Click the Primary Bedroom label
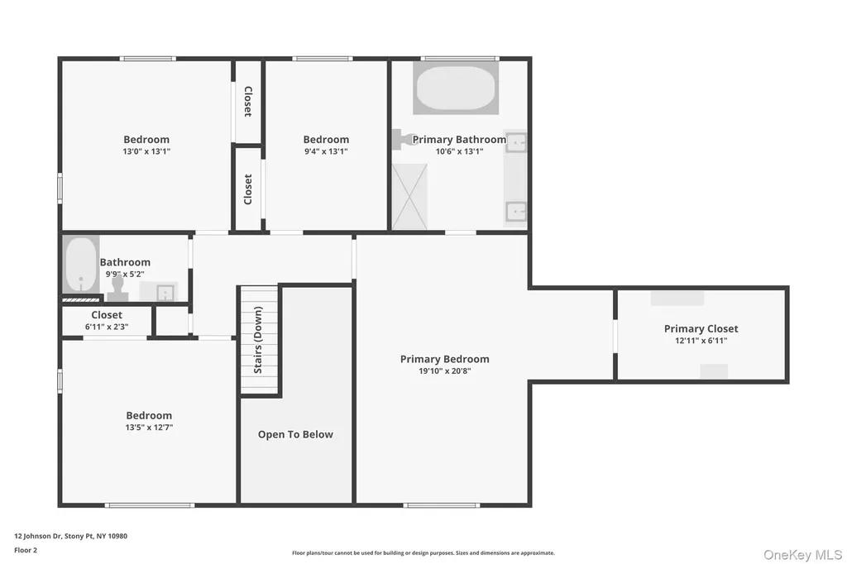pos(444,359)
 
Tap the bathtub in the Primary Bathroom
pos(456,88)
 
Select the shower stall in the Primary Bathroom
pos(409,197)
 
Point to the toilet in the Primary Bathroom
pos(405,140)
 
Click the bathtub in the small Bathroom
pos(81,265)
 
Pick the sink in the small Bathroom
pos(165,292)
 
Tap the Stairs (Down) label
pos(258,340)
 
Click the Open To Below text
pos(295,434)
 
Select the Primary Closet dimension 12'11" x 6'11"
pos(701,341)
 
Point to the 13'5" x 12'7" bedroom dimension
pos(149,428)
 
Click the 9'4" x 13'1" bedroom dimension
pos(326,151)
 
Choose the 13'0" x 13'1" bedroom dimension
pos(146,151)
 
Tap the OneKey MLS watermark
pos(802,555)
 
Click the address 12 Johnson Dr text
pos(38,536)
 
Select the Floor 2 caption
pos(26,550)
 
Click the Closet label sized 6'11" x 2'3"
pos(107,315)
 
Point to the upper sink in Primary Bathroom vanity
pos(516,142)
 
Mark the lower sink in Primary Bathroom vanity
pos(516,211)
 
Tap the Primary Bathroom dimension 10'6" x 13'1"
pos(459,151)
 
